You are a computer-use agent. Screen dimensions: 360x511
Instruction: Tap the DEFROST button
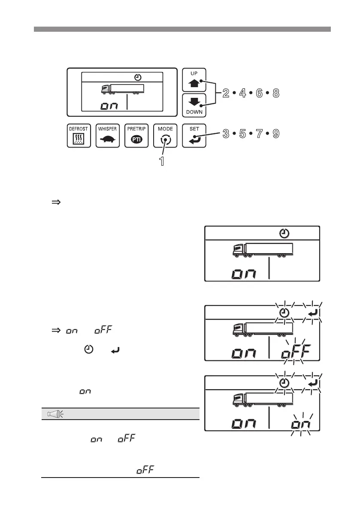pos(79,135)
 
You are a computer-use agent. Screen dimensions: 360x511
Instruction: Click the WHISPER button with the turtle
pos(108,135)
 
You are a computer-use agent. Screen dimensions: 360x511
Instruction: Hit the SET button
pos(194,135)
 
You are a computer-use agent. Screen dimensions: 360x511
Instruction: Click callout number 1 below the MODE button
pos(162,162)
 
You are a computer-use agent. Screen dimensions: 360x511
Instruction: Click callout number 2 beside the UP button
pos(226,93)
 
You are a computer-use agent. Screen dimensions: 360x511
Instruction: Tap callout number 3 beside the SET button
pos(226,134)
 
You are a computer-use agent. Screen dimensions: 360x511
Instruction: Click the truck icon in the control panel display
pos(123,89)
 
